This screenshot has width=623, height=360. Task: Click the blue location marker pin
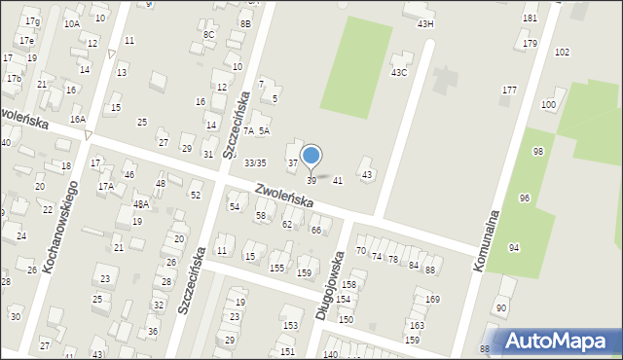(x=311, y=156)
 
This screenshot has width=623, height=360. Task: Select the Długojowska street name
(x=330, y=286)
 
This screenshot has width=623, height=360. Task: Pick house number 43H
(x=425, y=23)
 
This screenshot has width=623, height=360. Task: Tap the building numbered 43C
(x=399, y=72)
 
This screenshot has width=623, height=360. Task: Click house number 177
(x=509, y=90)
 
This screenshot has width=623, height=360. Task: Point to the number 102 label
(x=562, y=52)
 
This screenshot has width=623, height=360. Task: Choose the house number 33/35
(x=255, y=162)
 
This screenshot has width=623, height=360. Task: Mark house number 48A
(x=141, y=204)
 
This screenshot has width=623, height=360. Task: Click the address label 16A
(x=78, y=119)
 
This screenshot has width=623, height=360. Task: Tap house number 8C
(x=208, y=34)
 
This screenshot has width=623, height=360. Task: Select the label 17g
(x=32, y=21)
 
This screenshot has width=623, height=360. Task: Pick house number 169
(x=432, y=299)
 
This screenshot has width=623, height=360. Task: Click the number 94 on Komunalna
(x=514, y=248)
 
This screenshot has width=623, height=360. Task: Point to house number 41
(x=338, y=180)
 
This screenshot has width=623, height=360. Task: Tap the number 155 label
(x=277, y=268)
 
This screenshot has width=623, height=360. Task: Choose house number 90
(x=501, y=308)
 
